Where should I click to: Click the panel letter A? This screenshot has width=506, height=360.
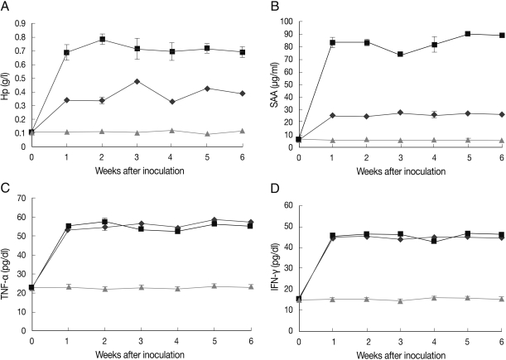coord(6,6)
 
